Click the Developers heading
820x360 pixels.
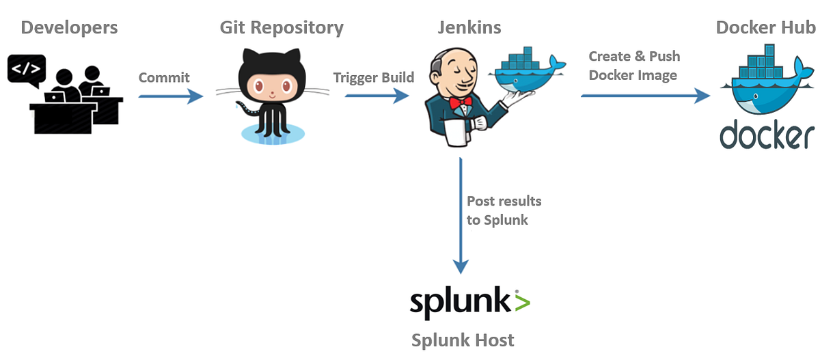(69, 28)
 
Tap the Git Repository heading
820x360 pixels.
(282, 28)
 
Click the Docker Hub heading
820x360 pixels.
(765, 28)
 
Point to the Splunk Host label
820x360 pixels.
(463, 340)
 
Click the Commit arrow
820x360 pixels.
(171, 96)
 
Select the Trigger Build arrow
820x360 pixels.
(377, 96)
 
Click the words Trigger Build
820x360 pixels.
(374, 77)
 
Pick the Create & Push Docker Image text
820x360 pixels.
(634, 66)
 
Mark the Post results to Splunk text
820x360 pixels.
(504, 210)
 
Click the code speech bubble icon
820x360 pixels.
(27, 68)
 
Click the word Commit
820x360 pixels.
(164, 77)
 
